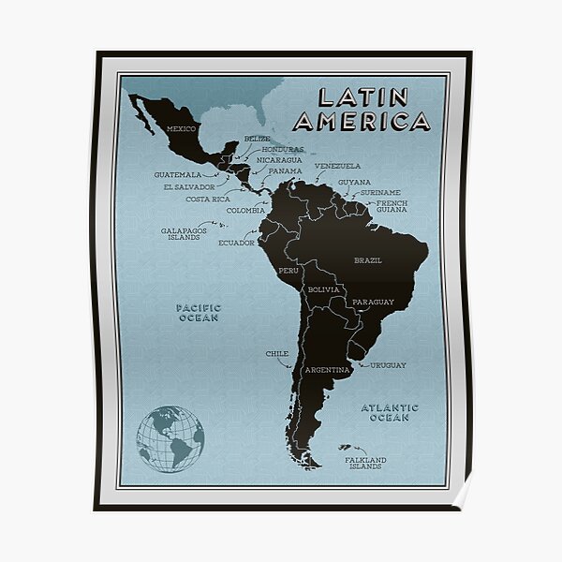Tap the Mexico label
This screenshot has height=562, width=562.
[180, 127]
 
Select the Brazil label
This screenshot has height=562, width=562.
[367, 259]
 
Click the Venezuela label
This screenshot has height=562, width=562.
[337, 166]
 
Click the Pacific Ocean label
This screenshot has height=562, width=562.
[197, 313]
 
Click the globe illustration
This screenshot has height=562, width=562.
[170, 437]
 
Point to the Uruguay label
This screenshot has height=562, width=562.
[388, 365]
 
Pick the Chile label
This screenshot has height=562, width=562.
[276, 354]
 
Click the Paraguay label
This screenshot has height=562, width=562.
[373, 303]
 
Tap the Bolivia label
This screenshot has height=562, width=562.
[323, 290]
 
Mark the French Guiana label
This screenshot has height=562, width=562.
[392, 206]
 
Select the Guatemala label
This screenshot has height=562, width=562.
[178, 174]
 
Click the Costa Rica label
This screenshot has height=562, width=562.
[208, 199]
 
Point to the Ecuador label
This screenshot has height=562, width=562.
[236, 243]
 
